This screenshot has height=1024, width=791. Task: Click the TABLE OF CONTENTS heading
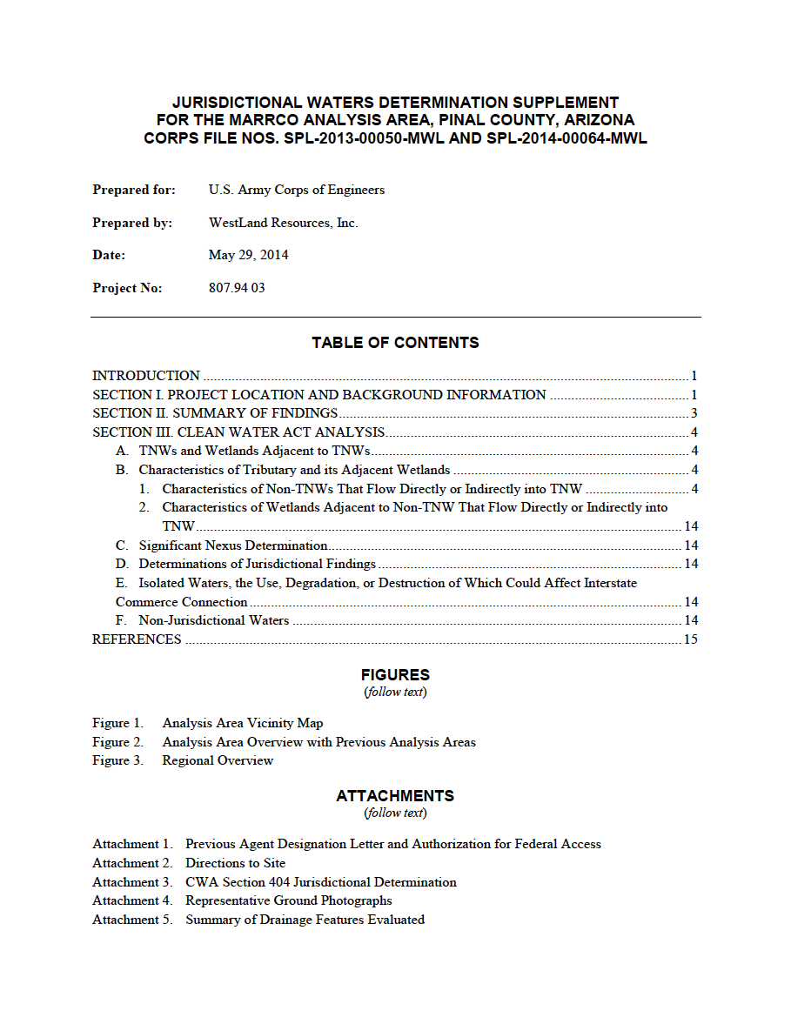pyautogui.click(x=395, y=343)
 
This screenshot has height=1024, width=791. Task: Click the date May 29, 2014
pyautogui.click(x=248, y=255)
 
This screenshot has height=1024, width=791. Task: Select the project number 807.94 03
pyautogui.click(x=237, y=288)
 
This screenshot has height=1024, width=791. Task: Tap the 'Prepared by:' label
pyautogui.click(x=132, y=223)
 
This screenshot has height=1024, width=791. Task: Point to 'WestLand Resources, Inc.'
pyautogui.click(x=283, y=223)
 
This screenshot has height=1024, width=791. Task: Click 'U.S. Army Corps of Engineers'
pyautogui.click(x=296, y=190)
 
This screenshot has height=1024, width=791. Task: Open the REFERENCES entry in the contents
pyautogui.click(x=137, y=639)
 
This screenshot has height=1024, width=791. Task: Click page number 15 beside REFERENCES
pyautogui.click(x=690, y=639)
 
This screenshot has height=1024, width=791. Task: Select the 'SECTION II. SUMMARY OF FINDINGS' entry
pyautogui.click(x=215, y=413)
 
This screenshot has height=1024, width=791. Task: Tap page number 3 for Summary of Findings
pyautogui.click(x=694, y=413)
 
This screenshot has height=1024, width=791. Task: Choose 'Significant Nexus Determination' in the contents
pyautogui.click(x=232, y=545)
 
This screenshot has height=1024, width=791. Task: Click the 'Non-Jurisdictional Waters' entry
pyautogui.click(x=213, y=620)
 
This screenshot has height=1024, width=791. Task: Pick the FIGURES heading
pyautogui.click(x=395, y=674)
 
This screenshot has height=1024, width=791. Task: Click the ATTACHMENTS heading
pyautogui.click(x=395, y=795)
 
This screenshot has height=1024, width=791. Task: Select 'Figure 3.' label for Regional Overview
pyautogui.click(x=117, y=760)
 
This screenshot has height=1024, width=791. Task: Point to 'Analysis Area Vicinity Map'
pyautogui.click(x=242, y=723)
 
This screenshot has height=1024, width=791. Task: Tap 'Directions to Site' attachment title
pyautogui.click(x=235, y=863)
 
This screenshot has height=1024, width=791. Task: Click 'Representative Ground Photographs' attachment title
pyautogui.click(x=288, y=900)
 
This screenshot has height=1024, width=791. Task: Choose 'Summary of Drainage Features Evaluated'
pyautogui.click(x=305, y=920)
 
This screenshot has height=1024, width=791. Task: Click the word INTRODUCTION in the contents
pyautogui.click(x=146, y=376)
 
